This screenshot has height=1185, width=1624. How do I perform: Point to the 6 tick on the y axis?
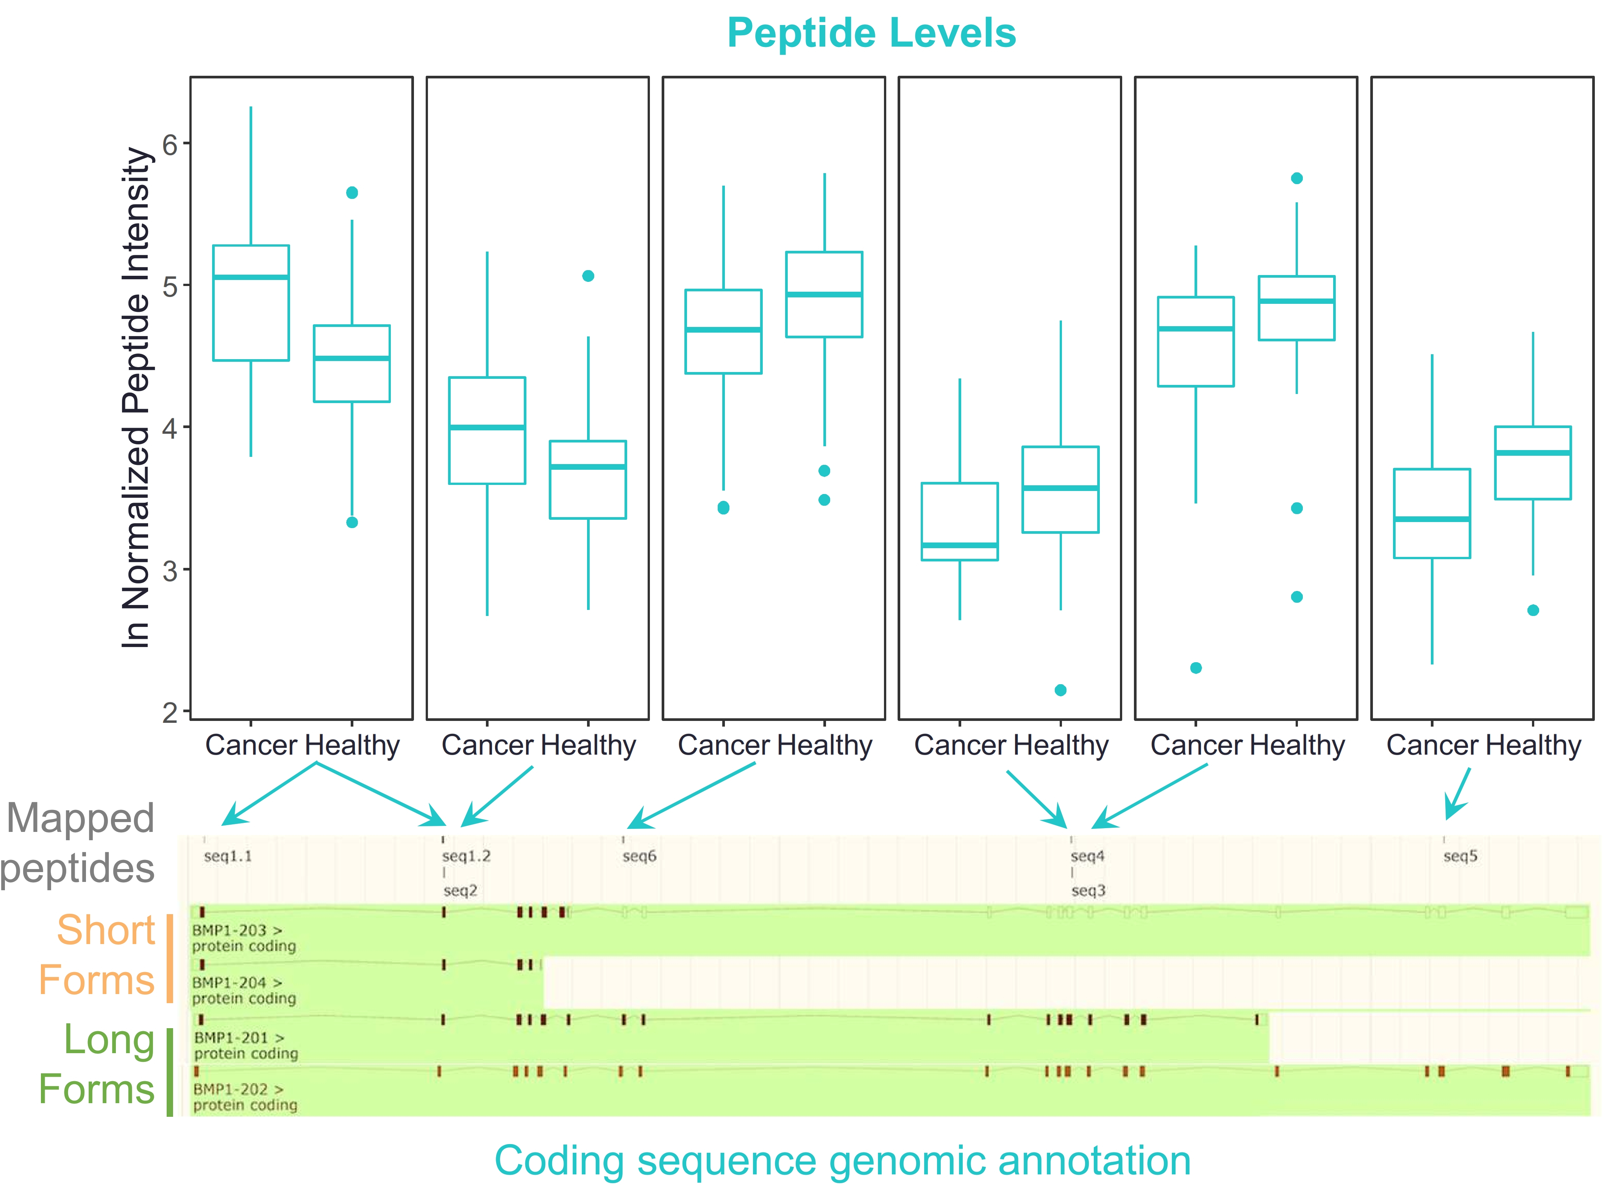(170, 144)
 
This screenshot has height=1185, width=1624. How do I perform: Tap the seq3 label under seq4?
(1088, 891)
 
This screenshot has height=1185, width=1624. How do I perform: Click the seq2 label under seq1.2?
(460, 891)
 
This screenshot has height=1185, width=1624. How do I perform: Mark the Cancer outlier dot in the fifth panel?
(1196, 668)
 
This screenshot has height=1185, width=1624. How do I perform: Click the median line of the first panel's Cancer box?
(251, 277)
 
